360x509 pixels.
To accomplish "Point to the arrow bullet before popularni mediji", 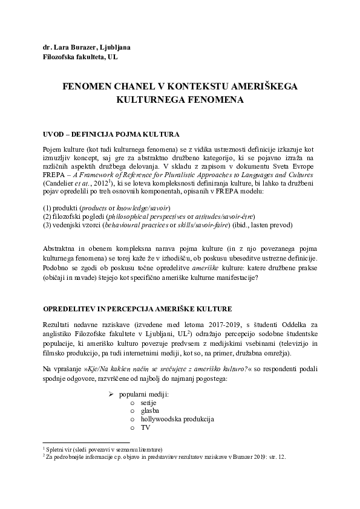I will tap(111, 395).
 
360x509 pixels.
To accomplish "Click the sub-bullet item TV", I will tap(145, 427).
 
